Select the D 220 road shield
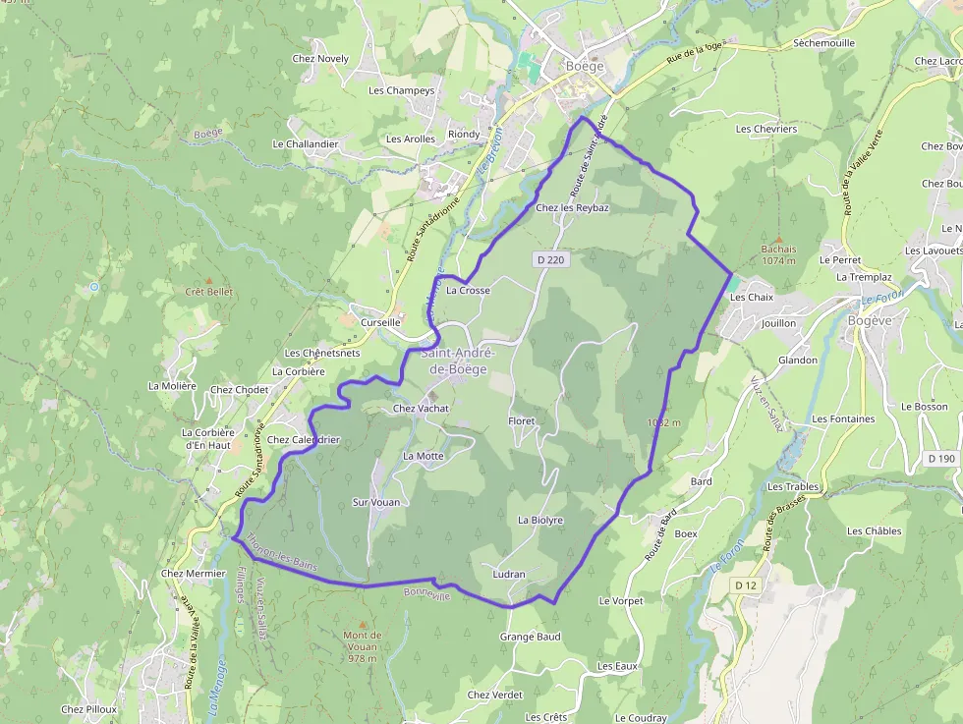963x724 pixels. click(x=553, y=259)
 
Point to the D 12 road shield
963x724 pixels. click(x=747, y=585)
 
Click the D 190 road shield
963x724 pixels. click(x=940, y=458)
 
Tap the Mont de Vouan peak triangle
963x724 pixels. click(x=363, y=624)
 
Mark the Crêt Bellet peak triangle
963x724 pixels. click(x=208, y=280)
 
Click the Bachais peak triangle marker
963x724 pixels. click(x=778, y=239)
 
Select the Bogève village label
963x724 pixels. click(x=871, y=320)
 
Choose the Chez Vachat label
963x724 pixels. click(x=420, y=409)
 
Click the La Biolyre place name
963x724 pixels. click(x=540, y=520)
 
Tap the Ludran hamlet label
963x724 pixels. click(x=509, y=575)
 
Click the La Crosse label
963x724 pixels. click(x=468, y=291)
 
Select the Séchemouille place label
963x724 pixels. click(x=823, y=43)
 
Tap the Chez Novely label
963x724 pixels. click(x=320, y=59)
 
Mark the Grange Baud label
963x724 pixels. click(x=530, y=637)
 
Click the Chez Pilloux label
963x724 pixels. click(x=88, y=709)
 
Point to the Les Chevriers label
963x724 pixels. click(x=765, y=129)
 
